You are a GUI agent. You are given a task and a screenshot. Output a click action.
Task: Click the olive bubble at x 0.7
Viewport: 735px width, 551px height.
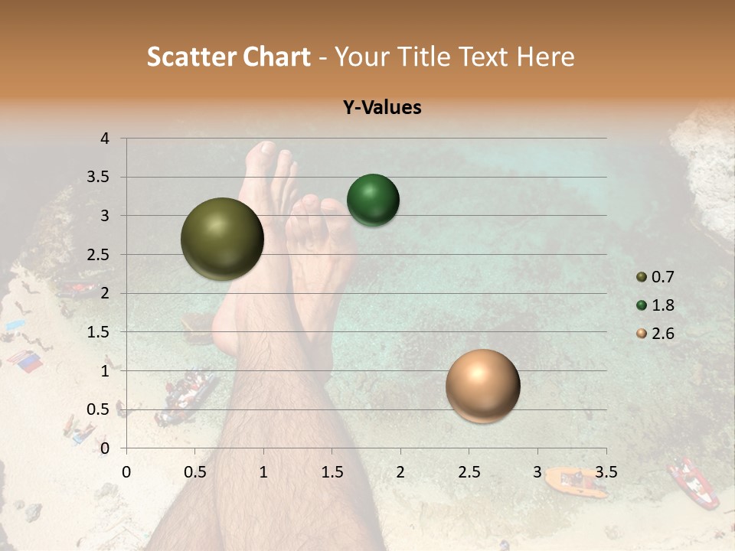click(x=222, y=239)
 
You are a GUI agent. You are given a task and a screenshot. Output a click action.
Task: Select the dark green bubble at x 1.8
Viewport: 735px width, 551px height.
click(x=373, y=201)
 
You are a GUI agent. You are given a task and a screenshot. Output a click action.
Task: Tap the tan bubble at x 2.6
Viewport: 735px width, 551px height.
click(x=482, y=386)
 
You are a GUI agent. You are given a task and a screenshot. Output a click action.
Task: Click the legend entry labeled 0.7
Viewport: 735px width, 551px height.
click(x=655, y=277)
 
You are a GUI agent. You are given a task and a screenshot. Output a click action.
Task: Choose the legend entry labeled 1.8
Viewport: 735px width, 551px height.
click(x=655, y=305)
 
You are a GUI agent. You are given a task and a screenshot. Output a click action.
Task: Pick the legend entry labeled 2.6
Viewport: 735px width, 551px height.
click(x=655, y=334)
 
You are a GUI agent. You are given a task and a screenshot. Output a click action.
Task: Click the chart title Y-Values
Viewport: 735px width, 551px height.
click(x=382, y=108)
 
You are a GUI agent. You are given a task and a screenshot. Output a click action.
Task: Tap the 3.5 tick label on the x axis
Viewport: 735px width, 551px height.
click(x=606, y=472)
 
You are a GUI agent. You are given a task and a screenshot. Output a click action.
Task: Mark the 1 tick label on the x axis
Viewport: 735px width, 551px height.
click(x=263, y=472)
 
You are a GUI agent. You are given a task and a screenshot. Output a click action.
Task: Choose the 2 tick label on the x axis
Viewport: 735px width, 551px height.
click(x=400, y=472)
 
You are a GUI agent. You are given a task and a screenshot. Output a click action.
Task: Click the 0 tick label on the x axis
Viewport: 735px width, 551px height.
click(x=126, y=472)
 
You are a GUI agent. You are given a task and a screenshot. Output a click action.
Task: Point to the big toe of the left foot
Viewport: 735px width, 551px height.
click(x=266, y=150)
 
